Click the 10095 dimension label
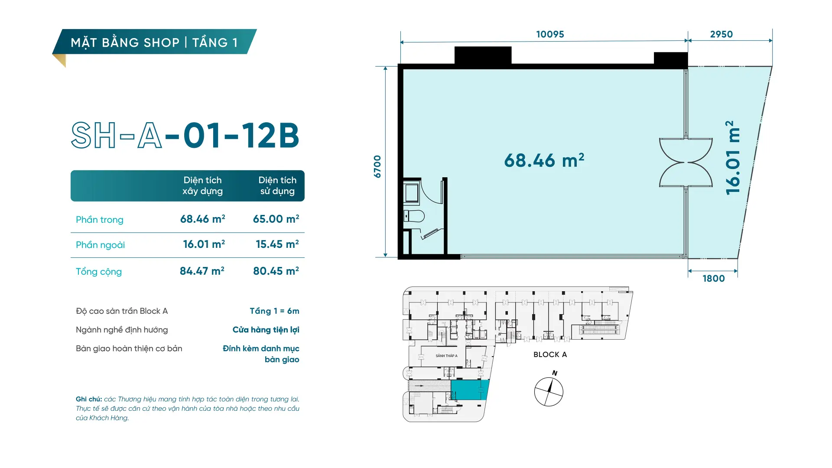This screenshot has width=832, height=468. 550,34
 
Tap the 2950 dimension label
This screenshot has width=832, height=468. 721,34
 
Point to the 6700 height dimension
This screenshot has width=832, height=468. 377,166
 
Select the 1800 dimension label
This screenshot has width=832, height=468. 713,279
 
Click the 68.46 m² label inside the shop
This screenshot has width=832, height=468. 544,160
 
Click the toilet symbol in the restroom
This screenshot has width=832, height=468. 414,216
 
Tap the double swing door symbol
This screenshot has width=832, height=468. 686,162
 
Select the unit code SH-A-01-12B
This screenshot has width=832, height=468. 185,135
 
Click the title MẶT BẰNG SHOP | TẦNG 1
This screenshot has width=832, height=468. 154,42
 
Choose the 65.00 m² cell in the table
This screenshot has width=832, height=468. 276,219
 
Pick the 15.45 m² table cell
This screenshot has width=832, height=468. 277,244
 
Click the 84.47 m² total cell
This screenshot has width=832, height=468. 202,271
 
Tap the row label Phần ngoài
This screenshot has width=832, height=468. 100,245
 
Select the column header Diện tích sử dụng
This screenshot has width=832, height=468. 277,185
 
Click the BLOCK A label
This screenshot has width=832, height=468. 550,354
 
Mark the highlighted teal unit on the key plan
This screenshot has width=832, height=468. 470,390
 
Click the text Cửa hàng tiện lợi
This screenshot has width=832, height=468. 266,330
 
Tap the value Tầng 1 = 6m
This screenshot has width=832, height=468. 274,311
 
